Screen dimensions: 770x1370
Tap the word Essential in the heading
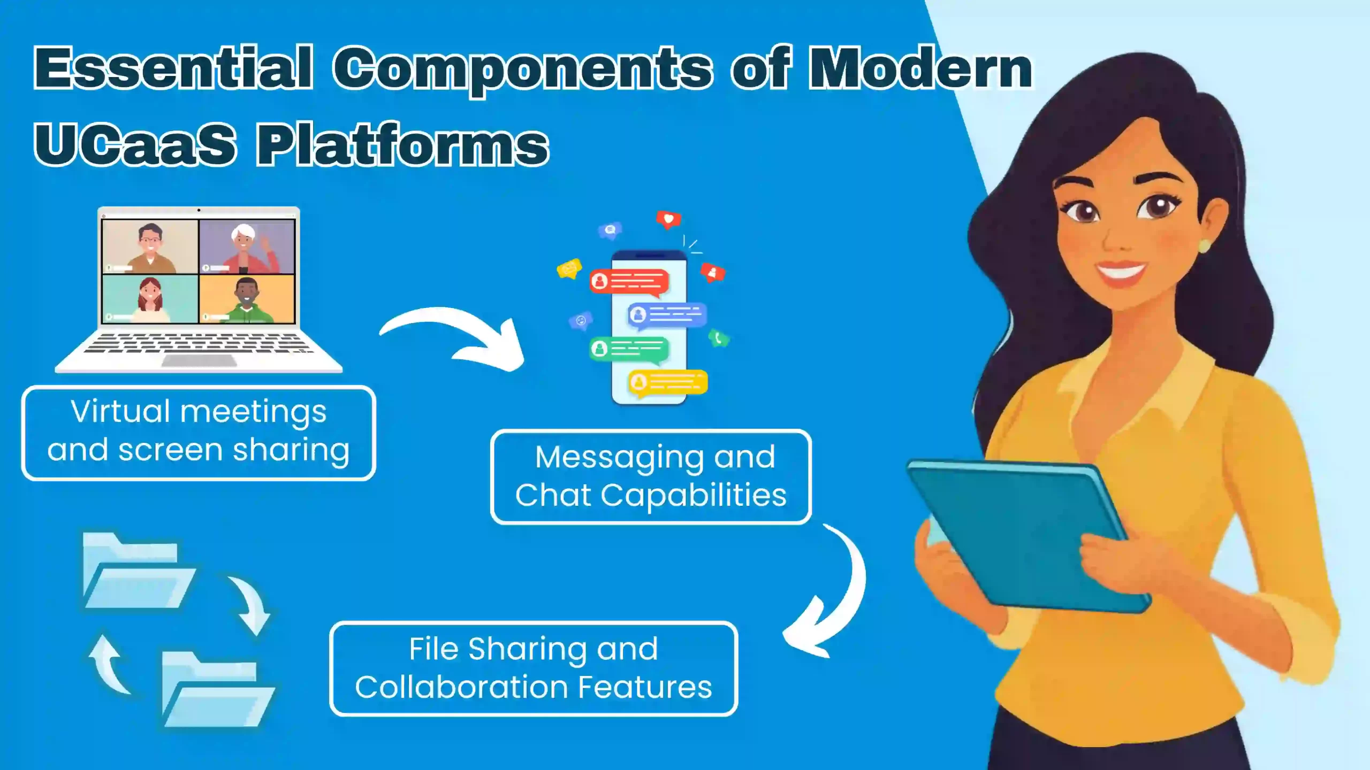[172, 68]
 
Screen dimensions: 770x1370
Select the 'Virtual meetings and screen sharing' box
[198, 432]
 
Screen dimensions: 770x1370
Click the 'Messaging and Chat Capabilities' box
[650, 476]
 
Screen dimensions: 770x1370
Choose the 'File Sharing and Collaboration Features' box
[534, 668]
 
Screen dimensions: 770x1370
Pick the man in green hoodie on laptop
[247, 299]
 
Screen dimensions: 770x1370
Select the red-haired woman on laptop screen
[150, 299]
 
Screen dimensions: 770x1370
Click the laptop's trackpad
[199, 361]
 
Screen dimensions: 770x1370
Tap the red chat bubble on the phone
[629, 281]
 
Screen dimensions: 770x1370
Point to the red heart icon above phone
[668, 219]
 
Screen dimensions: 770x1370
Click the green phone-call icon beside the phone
[718, 338]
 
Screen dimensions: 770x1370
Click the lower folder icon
[214, 692]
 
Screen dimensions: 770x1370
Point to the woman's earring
[1203, 246]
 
